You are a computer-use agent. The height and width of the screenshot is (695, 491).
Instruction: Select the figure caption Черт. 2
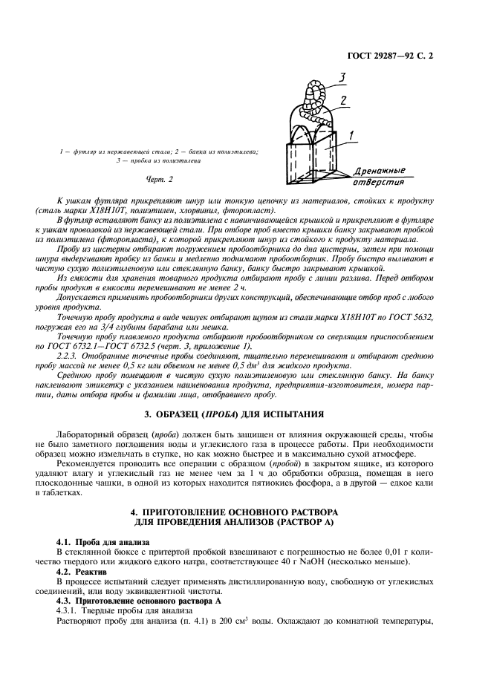(160, 179)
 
